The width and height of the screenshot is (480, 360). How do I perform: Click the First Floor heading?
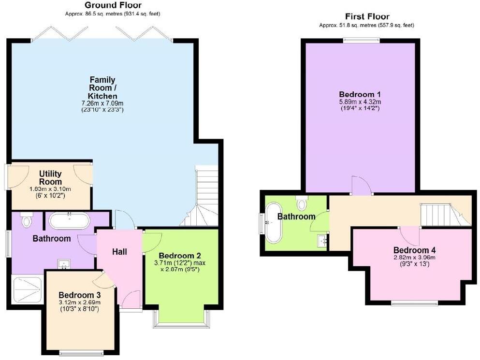pos(367,16)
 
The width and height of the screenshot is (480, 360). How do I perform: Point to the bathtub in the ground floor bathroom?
pos(69,221)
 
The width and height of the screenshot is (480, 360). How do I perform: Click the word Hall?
pos(119,251)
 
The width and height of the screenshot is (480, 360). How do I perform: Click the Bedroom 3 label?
pos(79,295)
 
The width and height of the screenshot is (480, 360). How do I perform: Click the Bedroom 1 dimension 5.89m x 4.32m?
pos(360,102)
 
